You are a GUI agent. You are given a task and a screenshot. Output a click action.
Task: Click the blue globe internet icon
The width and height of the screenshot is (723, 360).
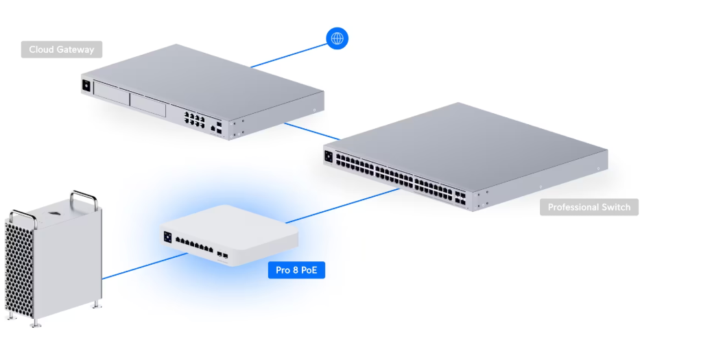coord(337,38)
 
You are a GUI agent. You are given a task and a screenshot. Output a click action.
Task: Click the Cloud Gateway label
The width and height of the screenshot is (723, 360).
coord(62,50)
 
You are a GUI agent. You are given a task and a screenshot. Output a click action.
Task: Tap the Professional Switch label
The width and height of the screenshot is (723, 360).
coord(589,207)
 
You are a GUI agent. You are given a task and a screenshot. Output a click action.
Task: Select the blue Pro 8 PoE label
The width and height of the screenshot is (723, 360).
coord(296,270)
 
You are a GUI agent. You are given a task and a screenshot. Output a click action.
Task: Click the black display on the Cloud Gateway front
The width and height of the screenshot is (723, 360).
coord(86,86)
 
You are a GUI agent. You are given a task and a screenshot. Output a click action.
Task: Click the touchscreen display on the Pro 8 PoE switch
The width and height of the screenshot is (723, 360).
coord(167,237)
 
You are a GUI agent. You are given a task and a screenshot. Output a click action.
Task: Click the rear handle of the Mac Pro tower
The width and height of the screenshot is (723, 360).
coord(83,200)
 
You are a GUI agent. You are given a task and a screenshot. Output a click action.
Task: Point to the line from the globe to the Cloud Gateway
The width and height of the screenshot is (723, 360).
coord(288,56)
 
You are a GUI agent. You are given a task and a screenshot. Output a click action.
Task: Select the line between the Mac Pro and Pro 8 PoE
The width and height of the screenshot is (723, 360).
coord(144,264)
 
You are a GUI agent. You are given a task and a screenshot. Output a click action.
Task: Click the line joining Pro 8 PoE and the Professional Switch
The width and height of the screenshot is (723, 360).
coord(343,206)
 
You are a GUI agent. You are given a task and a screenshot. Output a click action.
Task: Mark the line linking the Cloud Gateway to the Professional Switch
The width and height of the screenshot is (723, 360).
coord(312,131)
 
